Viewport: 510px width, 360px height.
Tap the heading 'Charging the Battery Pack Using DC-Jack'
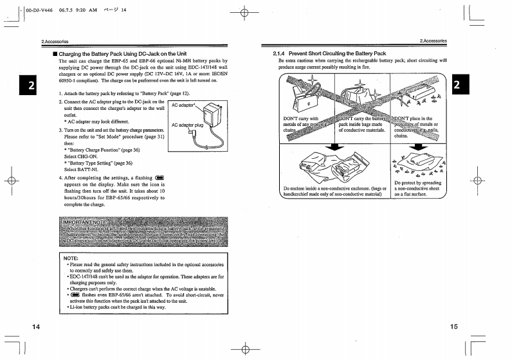point(123,53)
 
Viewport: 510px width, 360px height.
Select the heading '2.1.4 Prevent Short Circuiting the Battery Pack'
point(329,53)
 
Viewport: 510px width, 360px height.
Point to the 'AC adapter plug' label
point(188,125)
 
